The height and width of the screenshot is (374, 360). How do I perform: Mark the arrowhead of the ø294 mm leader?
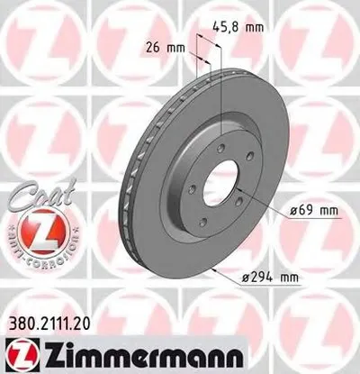(x=209, y=269)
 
